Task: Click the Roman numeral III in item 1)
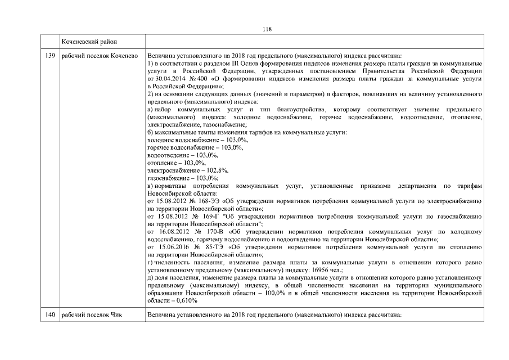225,64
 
